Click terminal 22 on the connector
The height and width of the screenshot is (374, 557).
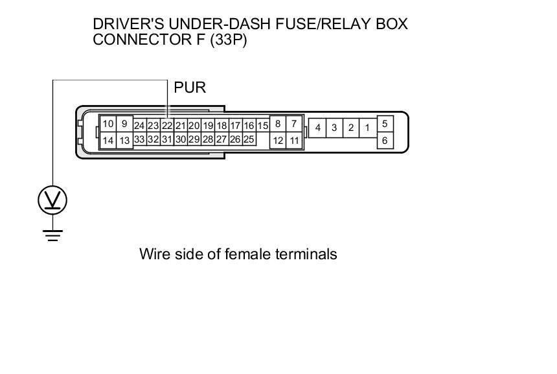click(x=167, y=126)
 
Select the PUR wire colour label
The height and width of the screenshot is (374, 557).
click(x=190, y=88)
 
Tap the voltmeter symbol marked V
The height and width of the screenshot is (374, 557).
click(x=52, y=201)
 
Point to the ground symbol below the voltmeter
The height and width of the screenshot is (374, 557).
click(x=52, y=235)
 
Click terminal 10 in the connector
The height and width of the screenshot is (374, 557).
click(x=108, y=124)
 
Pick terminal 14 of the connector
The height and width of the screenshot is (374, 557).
click(x=108, y=141)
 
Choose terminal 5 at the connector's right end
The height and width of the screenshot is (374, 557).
click(x=385, y=123)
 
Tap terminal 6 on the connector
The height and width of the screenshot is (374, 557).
click(x=385, y=140)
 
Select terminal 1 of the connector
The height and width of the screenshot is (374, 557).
click(x=367, y=128)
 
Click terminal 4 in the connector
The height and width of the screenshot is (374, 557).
click(x=317, y=128)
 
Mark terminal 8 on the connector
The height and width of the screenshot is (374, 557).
click(x=278, y=123)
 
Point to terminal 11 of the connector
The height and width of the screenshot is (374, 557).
click(x=294, y=140)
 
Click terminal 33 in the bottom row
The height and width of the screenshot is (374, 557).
click(x=139, y=139)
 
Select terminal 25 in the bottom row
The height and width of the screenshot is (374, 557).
click(x=249, y=139)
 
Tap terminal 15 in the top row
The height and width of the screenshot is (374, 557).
click(x=262, y=126)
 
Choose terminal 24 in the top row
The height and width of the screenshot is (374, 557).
click(x=139, y=126)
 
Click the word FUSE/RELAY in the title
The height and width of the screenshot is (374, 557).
click(x=324, y=25)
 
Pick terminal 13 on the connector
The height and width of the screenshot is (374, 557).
click(x=125, y=141)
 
